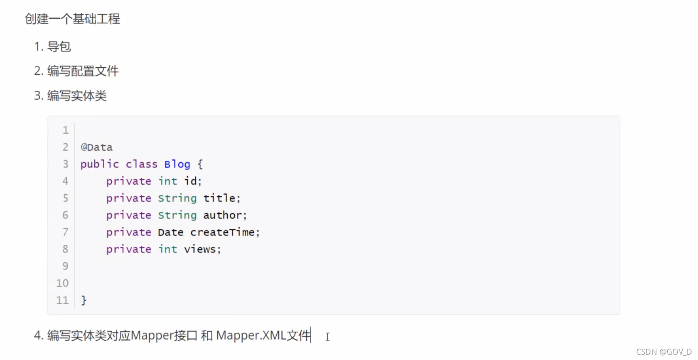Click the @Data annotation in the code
coord(96,147)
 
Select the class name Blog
coord(177,164)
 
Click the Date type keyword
coord(170,232)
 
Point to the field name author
coord(223,215)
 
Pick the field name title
coord(219,198)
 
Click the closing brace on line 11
coord(84,300)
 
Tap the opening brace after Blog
coord(200,164)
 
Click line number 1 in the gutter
coord(65,130)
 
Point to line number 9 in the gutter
coord(65,266)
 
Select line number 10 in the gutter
coord(62,283)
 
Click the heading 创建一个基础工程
coord(72,19)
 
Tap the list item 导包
coord(59,47)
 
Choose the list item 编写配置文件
coord(83,71)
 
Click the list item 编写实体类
coord(77,96)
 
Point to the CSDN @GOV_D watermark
coord(664,352)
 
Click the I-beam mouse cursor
coord(327,337)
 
